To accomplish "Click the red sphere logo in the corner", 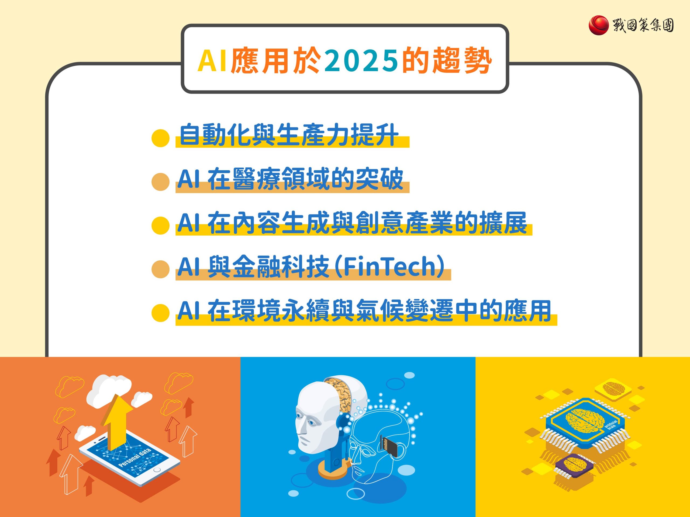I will [598, 26].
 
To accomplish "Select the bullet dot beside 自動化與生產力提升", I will [160, 138].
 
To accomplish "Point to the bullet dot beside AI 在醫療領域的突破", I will [160, 182].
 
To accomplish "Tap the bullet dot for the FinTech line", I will [160, 269].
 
